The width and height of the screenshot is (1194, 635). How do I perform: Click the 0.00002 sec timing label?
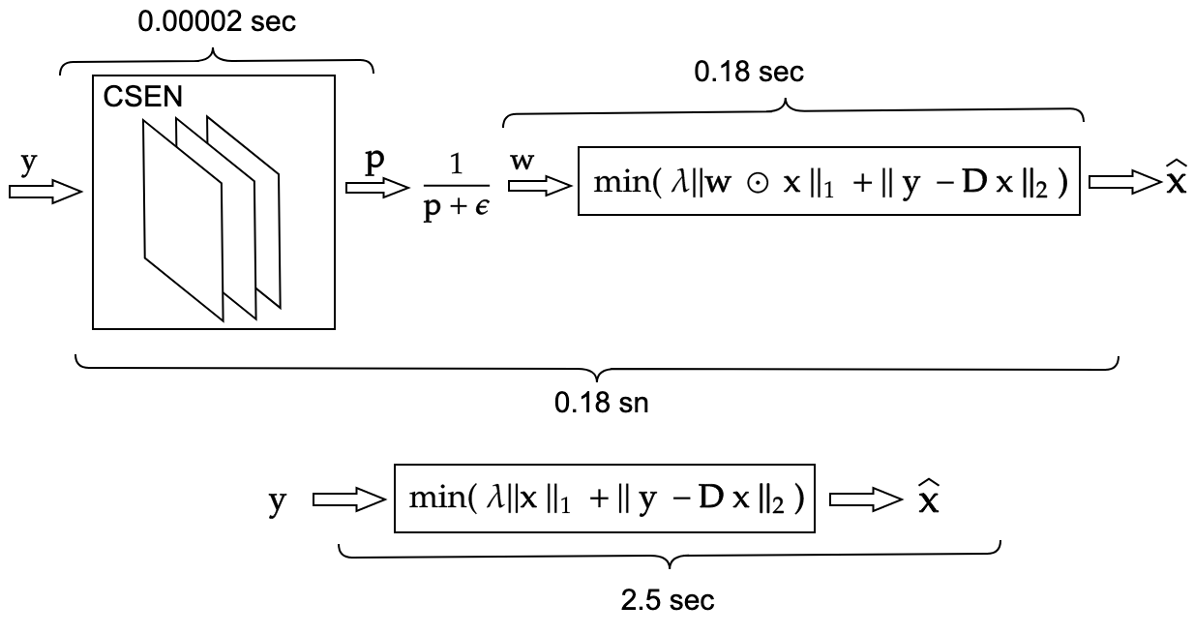(217, 23)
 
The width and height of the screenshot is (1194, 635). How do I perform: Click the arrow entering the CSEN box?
(45, 192)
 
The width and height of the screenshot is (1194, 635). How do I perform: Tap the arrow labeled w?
(538, 189)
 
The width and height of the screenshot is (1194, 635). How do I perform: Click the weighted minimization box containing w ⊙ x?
(828, 181)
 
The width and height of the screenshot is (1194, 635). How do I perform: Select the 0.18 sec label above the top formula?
(749, 73)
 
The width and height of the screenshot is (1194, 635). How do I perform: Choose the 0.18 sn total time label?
(600, 403)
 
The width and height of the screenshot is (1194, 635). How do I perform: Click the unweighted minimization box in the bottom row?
(605, 499)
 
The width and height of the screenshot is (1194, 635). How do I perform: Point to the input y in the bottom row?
(278, 502)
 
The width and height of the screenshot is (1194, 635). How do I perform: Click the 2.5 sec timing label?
(668, 600)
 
